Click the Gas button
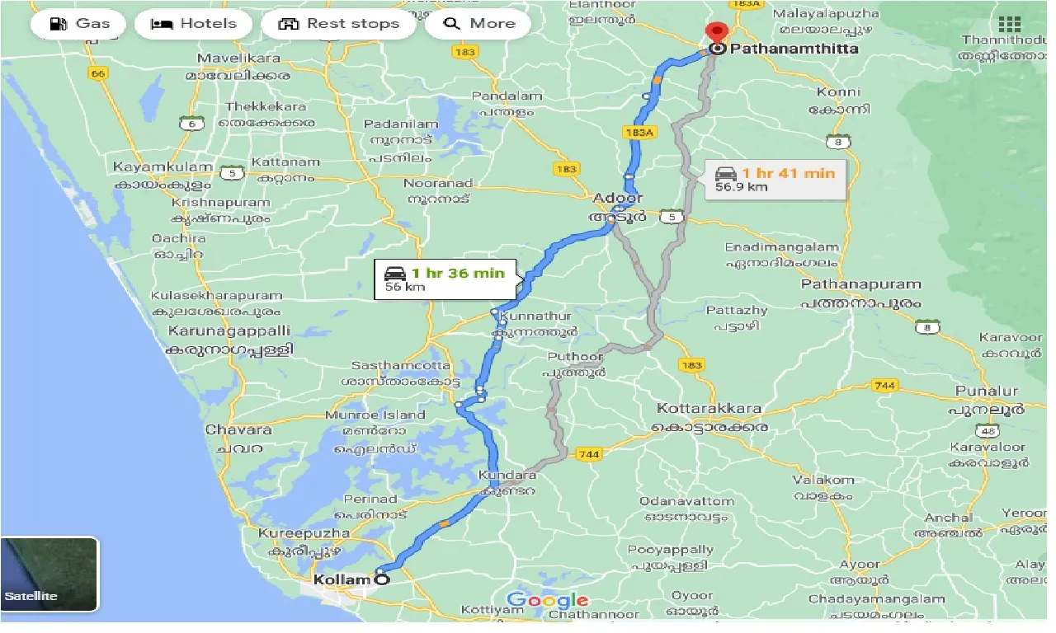pos(79,23)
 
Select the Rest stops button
pos(338,23)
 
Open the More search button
pos(479,23)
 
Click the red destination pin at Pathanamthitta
pos(716,33)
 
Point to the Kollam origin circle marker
pos(381,579)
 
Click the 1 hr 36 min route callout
pos(445,279)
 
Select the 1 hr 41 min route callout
pos(776,179)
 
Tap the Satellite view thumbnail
pos(49,574)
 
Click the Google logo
pos(547,600)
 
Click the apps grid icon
pos(1008,24)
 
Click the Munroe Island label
pos(375,415)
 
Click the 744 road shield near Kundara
pos(589,454)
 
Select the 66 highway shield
pos(100,73)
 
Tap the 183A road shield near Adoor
pos(640,132)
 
